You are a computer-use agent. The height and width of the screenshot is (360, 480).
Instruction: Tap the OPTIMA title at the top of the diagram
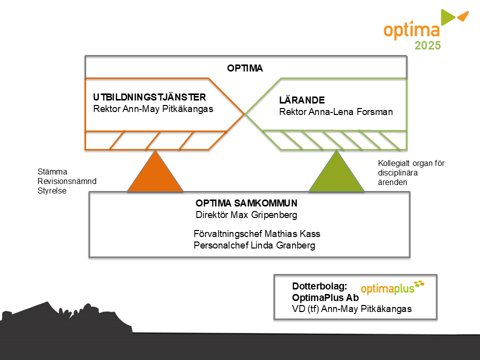pyautogui.click(x=244, y=68)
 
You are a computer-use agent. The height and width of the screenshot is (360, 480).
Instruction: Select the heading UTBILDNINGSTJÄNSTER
pyautogui.click(x=149, y=97)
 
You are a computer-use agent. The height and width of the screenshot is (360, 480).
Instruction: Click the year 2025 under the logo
pyautogui.click(x=427, y=46)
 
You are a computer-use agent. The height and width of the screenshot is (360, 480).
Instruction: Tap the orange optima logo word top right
pyautogui.click(x=411, y=30)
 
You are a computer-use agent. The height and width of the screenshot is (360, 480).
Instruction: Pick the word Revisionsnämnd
pyautogui.click(x=67, y=181)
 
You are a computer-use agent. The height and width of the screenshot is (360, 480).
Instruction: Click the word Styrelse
pyautogui.click(x=52, y=190)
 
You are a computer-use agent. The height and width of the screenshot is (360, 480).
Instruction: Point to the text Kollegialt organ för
pyautogui.click(x=411, y=163)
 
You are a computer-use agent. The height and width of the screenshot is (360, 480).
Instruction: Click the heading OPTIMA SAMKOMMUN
pyautogui.click(x=246, y=203)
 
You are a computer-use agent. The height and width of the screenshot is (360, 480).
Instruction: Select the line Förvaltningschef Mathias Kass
pyautogui.click(x=256, y=234)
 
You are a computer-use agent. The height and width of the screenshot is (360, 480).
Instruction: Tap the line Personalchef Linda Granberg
pyautogui.click(x=254, y=245)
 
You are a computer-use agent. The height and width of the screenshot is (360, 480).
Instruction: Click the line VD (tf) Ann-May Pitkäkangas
pyautogui.click(x=351, y=308)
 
